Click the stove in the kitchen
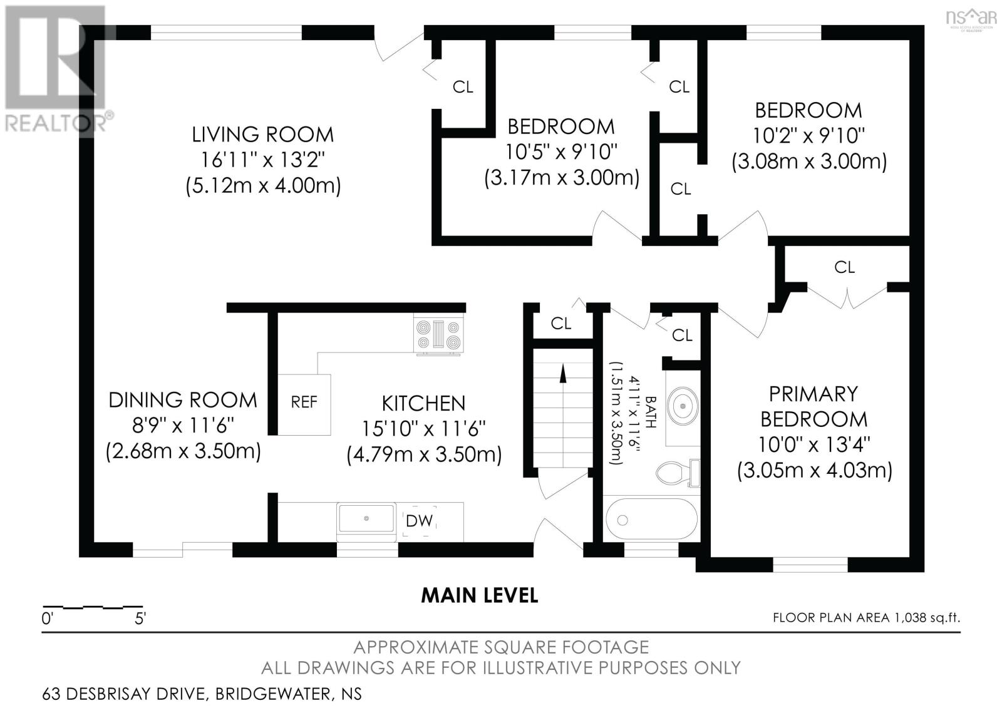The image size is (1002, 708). coord(438,335)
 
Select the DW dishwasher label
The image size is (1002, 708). coord(419,520)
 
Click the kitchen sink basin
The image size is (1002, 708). coord(366,518)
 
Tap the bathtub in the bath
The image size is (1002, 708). coord(651,520)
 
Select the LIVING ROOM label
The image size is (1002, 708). coord(262,135)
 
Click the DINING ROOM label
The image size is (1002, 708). coord(182,400)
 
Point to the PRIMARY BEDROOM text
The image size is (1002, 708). coord(813,406)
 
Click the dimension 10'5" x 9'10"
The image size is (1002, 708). coord(562,152)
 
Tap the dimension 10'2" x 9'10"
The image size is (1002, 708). coord(808,136)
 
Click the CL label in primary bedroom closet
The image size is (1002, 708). coord(844,267)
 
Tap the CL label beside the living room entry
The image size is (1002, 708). coord(463,87)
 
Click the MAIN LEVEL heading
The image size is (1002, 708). coord(479,595)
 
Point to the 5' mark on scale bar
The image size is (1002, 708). coord(140,619)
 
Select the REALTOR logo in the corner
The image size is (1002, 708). coord(56,69)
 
